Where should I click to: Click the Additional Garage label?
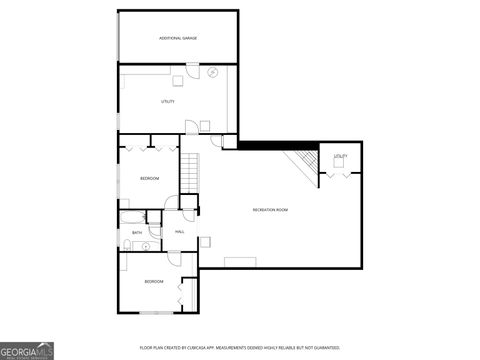coord(178,38)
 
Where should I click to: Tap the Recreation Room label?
coord(270,210)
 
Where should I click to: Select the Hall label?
coord(180,232)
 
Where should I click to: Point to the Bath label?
coord(137,232)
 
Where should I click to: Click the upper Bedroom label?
coord(149,178)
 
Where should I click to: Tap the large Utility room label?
coord(168,102)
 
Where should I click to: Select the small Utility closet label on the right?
coord(341,157)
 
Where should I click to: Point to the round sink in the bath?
coord(145,244)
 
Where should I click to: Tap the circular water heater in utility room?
coord(212,72)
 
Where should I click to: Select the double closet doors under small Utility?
coord(340,176)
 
